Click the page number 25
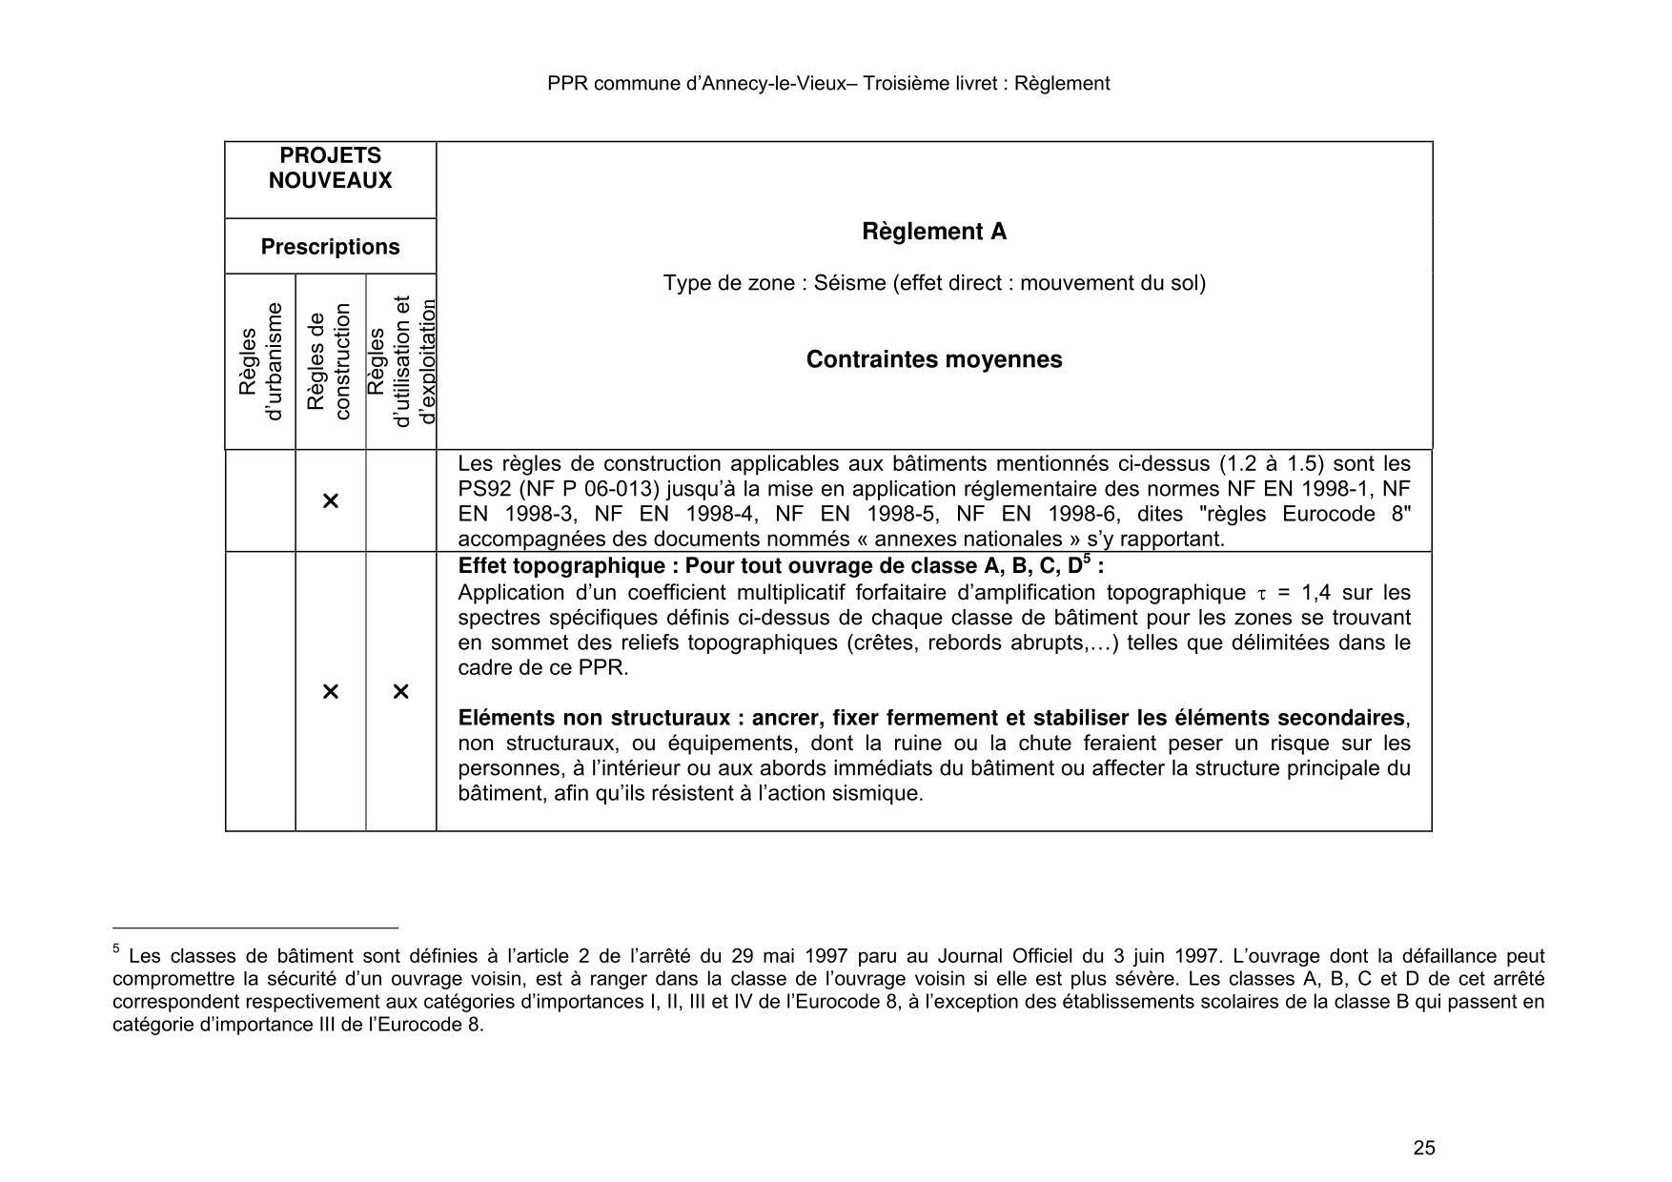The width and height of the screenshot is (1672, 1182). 1423,1148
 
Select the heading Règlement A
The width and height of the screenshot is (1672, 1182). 933,232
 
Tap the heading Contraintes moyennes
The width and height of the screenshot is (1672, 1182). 933,359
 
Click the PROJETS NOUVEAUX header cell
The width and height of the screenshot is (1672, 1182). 330,169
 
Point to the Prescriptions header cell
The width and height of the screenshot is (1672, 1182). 330,247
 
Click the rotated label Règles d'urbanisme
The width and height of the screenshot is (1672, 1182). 260,362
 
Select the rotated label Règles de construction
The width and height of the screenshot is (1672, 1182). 330,362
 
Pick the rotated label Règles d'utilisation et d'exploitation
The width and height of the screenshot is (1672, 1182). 401,362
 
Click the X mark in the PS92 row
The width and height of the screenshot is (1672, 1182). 330,500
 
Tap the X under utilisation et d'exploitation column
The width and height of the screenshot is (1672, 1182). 400,691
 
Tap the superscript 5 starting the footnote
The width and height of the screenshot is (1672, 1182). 116,949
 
